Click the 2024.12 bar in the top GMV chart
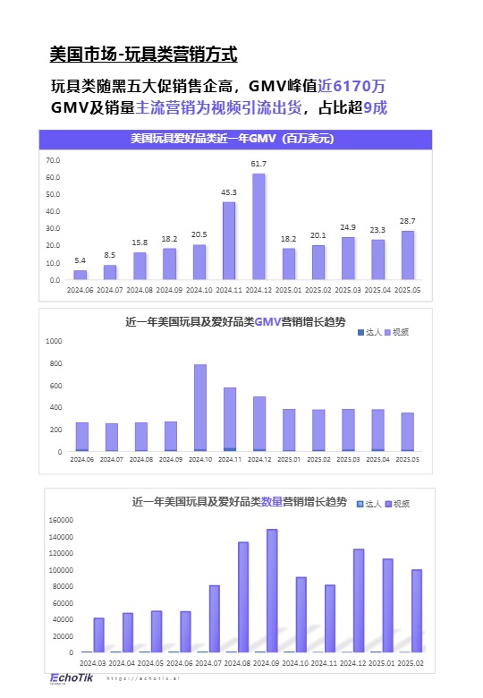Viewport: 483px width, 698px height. [258, 226]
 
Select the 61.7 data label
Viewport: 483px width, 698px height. [258, 164]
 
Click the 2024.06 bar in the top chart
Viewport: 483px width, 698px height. [80, 275]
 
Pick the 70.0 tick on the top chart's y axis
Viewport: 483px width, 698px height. [52, 160]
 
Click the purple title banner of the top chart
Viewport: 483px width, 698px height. [235, 139]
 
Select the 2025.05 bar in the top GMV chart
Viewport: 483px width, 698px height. [407, 255]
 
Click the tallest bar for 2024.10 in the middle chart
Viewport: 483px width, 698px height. [199, 407]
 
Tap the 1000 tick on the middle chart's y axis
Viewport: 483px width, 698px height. [53, 341]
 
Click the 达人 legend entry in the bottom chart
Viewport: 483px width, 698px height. [371, 505]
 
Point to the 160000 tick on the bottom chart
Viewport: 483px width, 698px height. [60, 520]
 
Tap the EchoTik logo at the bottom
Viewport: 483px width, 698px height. [67, 677]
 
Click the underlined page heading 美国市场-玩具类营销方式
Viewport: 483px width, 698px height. [143, 55]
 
